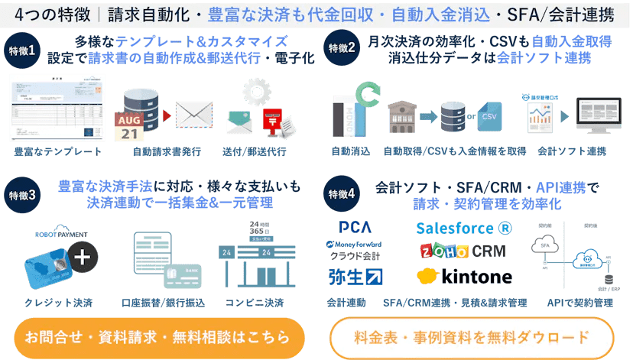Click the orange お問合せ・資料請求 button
(x=157, y=337)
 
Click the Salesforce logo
(x=463, y=228)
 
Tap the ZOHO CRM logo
(x=463, y=251)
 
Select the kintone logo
(x=464, y=275)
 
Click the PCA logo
(x=355, y=228)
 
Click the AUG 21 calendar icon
(x=129, y=125)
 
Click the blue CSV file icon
(x=487, y=115)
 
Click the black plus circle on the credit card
(x=83, y=258)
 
